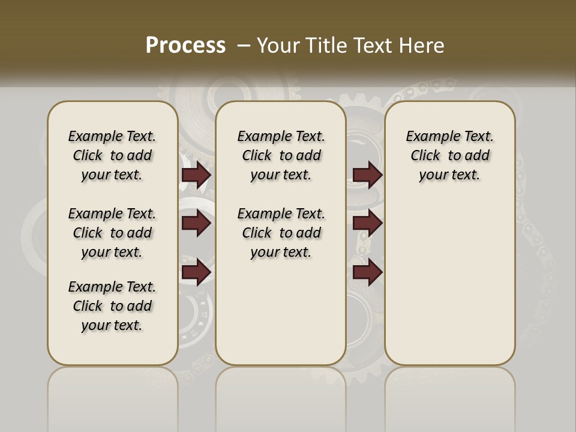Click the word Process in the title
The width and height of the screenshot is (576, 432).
click(185, 46)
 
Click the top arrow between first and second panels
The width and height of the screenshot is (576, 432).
click(196, 175)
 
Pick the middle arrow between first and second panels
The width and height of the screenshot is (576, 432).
click(196, 224)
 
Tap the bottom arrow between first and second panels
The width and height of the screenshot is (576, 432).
click(196, 272)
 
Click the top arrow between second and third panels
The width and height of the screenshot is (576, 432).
click(367, 175)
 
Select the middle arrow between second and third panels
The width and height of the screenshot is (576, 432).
click(367, 224)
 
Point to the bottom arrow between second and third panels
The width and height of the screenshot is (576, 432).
click(367, 272)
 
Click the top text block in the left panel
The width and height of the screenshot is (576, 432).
click(112, 155)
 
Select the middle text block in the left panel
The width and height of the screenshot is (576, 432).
click(112, 233)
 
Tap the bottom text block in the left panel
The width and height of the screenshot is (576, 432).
click(112, 306)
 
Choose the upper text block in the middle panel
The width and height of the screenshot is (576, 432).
click(281, 155)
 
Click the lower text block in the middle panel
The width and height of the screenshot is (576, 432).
click(281, 233)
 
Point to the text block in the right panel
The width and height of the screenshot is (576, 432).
click(449, 155)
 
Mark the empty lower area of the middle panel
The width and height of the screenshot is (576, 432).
click(281, 312)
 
